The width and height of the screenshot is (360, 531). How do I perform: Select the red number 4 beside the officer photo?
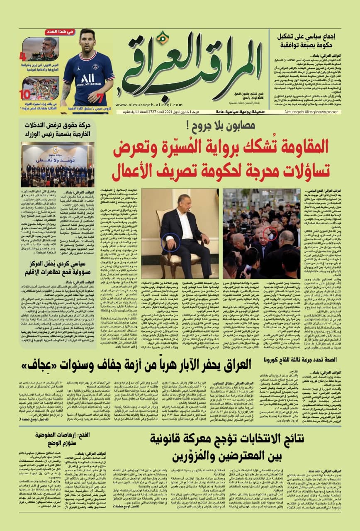point(24,55)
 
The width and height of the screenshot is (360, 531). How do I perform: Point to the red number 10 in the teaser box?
point(24,94)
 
